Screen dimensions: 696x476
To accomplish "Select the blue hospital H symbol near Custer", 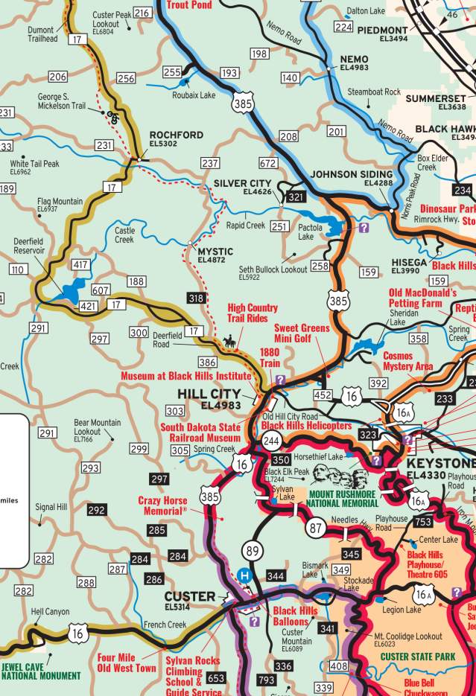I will (x=243, y=575).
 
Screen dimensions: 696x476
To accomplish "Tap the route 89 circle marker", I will (x=252, y=551).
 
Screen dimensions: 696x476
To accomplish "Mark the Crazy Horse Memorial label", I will (x=162, y=505).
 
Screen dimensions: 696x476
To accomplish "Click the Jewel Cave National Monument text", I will (x=41, y=671).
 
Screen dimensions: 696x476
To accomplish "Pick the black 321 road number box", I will (x=296, y=197).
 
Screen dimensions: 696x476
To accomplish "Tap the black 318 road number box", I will (x=196, y=298).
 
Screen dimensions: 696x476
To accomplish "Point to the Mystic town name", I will (x=215, y=252).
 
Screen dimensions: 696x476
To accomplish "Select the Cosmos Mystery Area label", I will (x=407, y=361).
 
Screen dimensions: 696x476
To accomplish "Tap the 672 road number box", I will (x=268, y=163).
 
